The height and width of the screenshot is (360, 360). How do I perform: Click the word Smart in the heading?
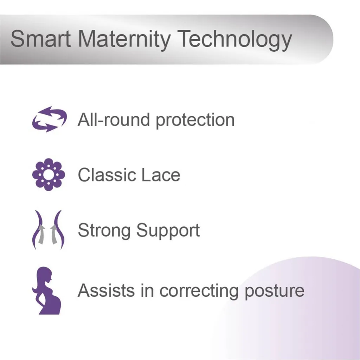(x=40, y=39)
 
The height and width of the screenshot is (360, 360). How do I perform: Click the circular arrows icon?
(x=49, y=120)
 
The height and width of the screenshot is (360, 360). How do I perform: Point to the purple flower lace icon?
(x=49, y=175)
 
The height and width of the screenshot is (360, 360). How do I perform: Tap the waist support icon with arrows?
(x=49, y=230)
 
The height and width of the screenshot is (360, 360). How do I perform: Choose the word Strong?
(x=105, y=231)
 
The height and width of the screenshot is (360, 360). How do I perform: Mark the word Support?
(x=168, y=231)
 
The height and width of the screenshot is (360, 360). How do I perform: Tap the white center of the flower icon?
(x=49, y=175)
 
